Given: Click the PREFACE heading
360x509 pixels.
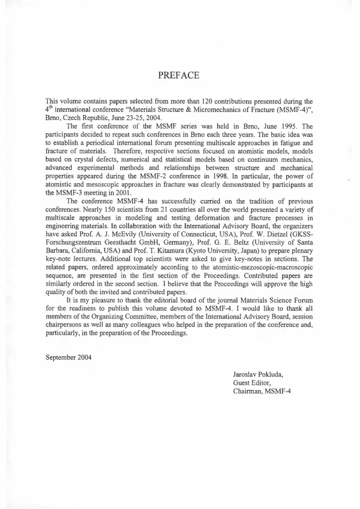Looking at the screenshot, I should [x=179, y=75].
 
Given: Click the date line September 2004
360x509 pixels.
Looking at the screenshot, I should [x=69, y=357].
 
